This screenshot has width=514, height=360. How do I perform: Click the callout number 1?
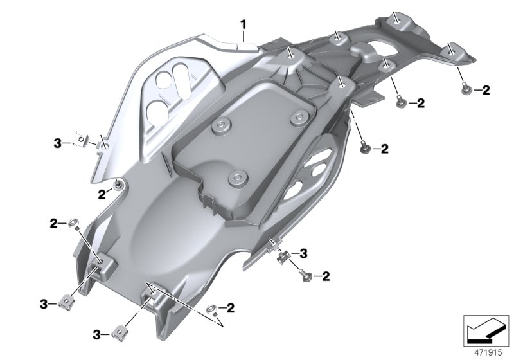tap(244, 25)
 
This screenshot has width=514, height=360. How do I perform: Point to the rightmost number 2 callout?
tap(486, 91)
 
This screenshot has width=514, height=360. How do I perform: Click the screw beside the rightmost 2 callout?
tap(465, 90)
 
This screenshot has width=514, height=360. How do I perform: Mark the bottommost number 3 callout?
tap(97, 334)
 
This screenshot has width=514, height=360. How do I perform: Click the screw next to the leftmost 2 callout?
tap(75, 222)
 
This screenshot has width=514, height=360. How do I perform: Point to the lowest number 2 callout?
tap(229, 307)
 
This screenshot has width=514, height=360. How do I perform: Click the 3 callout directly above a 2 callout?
tap(304, 253)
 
